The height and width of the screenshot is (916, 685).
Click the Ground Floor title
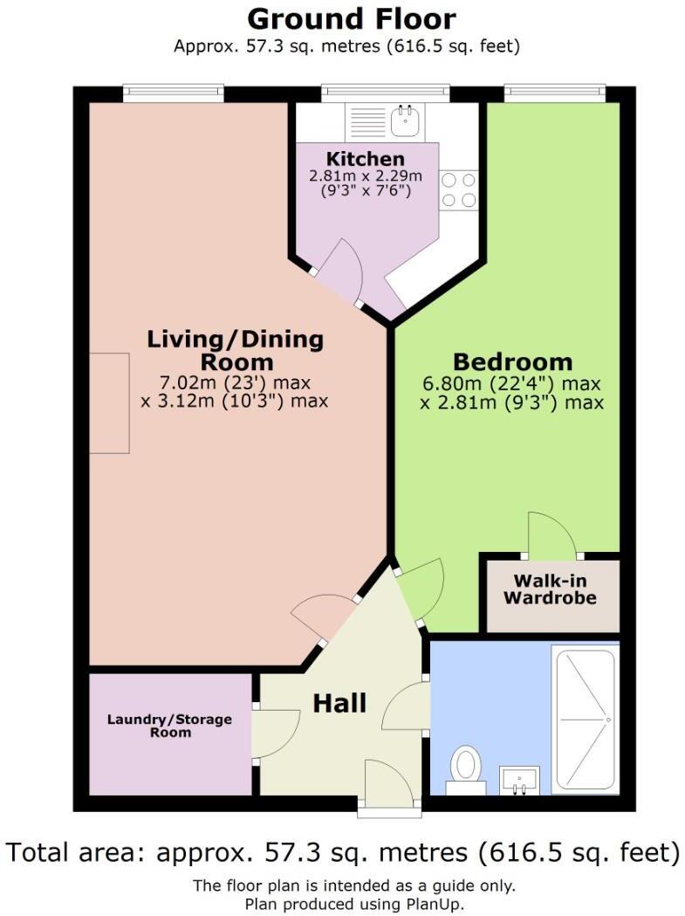pos(352,18)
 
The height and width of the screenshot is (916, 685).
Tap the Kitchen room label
pos(365,159)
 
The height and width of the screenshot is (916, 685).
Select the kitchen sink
pos(404,121)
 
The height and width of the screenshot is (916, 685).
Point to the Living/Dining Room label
pos(235,349)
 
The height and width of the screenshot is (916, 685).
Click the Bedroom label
pos(512,362)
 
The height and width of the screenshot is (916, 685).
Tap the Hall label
pos(339,702)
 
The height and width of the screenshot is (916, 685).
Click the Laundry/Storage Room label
pos(169,726)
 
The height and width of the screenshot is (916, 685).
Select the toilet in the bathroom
pos(465,768)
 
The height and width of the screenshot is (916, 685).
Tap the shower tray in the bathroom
pos(585,718)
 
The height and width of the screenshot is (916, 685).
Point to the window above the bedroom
pos(554,92)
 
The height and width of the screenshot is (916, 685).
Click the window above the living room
pos(173,92)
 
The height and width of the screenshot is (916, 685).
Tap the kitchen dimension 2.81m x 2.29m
pos(365,176)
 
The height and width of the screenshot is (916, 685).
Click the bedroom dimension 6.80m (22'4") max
pos(511,383)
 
